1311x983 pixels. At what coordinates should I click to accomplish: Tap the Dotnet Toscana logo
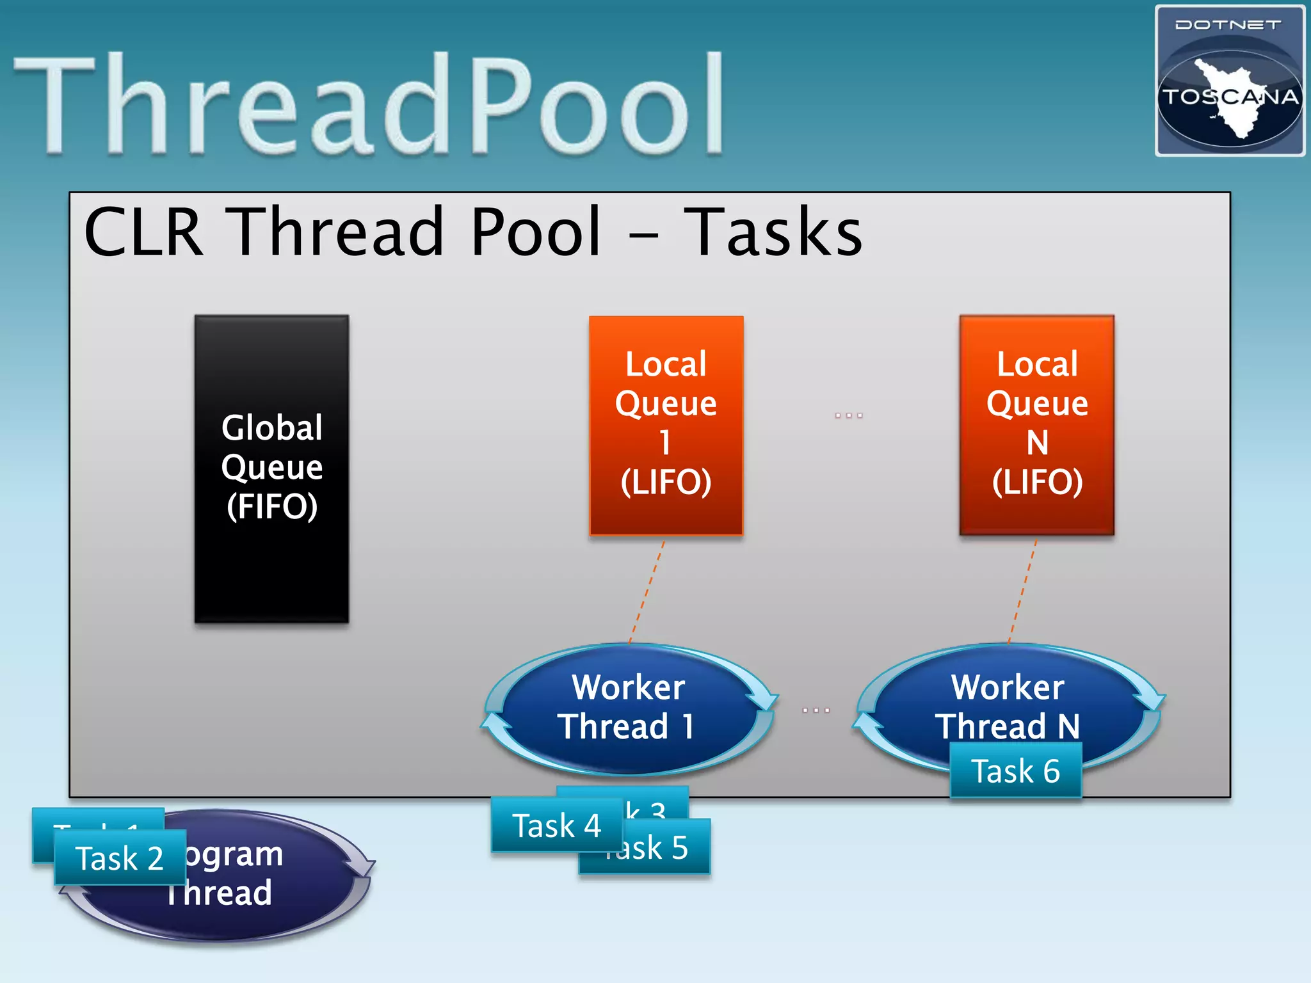[x=1229, y=81]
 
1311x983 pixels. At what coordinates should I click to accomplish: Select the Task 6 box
[x=1015, y=771]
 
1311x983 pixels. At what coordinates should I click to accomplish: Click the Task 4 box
[x=556, y=825]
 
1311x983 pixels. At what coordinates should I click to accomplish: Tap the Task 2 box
[x=120, y=858]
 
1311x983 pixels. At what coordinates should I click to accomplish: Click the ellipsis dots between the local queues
[x=849, y=415]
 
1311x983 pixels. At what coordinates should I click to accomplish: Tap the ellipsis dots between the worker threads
[x=816, y=710]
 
